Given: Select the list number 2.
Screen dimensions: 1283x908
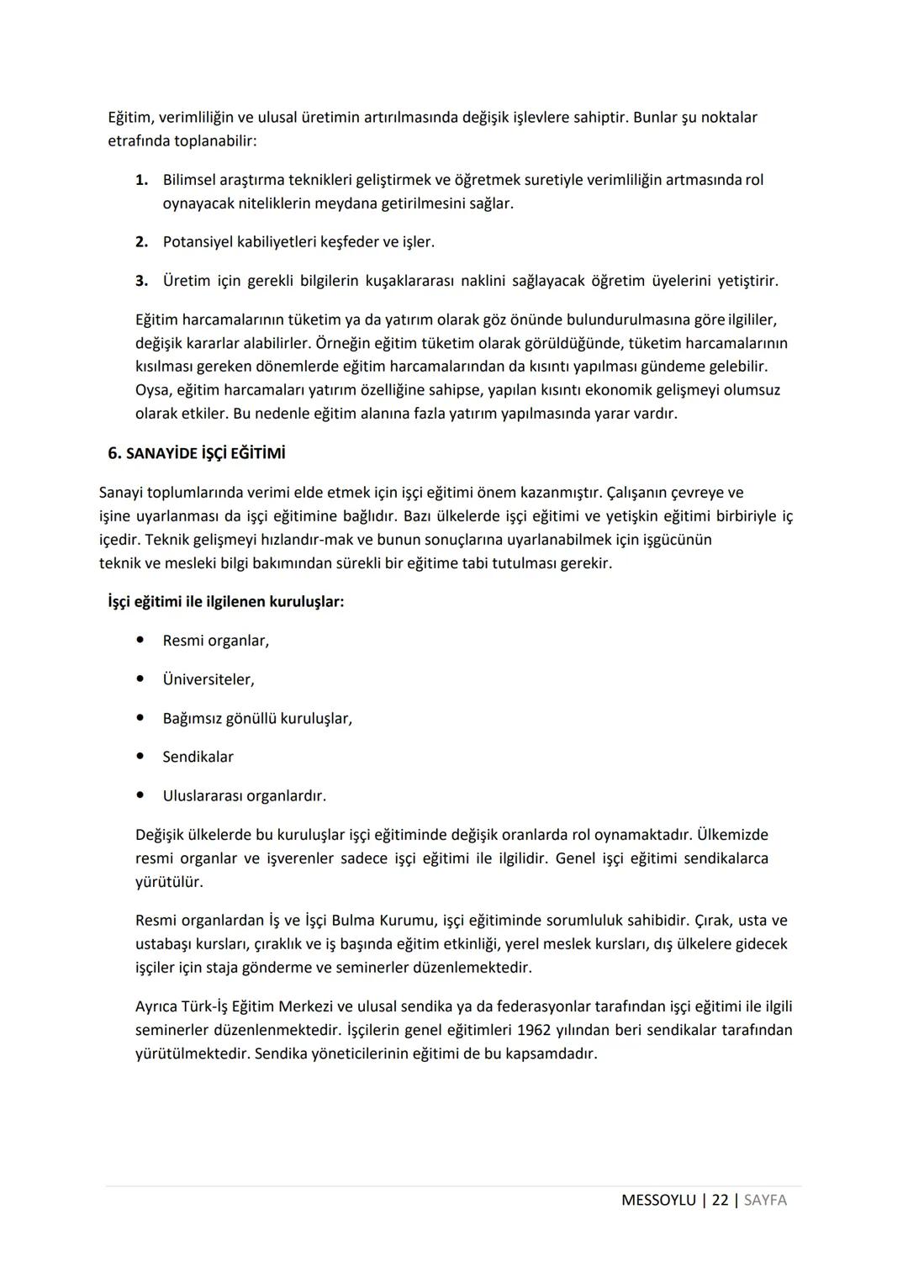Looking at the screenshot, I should (x=141, y=242).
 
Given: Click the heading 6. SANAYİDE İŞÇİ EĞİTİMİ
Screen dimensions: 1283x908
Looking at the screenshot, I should (x=197, y=453).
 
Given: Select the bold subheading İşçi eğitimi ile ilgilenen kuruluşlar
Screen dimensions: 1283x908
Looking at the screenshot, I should (x=226, y=602).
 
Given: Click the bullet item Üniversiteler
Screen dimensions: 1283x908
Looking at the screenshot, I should (x=209, y=679).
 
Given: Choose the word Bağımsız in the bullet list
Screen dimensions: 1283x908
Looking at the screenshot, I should (x=192, y=719).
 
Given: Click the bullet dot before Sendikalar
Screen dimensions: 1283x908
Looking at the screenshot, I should (x=140, y=757).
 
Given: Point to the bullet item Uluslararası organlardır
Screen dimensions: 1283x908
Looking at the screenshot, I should (x=244, y=795).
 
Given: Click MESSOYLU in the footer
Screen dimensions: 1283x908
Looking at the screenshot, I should (x=658, y=1200).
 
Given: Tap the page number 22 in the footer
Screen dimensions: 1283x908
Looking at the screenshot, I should (x=720, y=1200).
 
